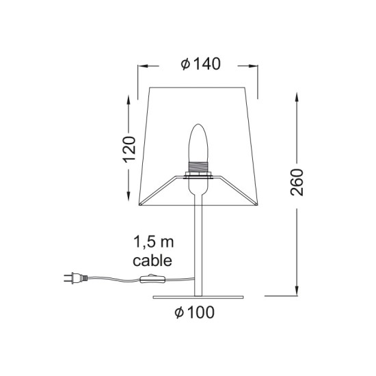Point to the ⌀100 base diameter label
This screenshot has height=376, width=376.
tap(195, 313)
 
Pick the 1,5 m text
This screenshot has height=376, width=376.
tap(155, 242)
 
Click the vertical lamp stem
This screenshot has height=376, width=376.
tap(198, 246)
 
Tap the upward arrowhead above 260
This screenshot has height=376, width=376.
tap(296, 96)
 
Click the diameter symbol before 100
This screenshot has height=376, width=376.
tap(178, 313)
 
